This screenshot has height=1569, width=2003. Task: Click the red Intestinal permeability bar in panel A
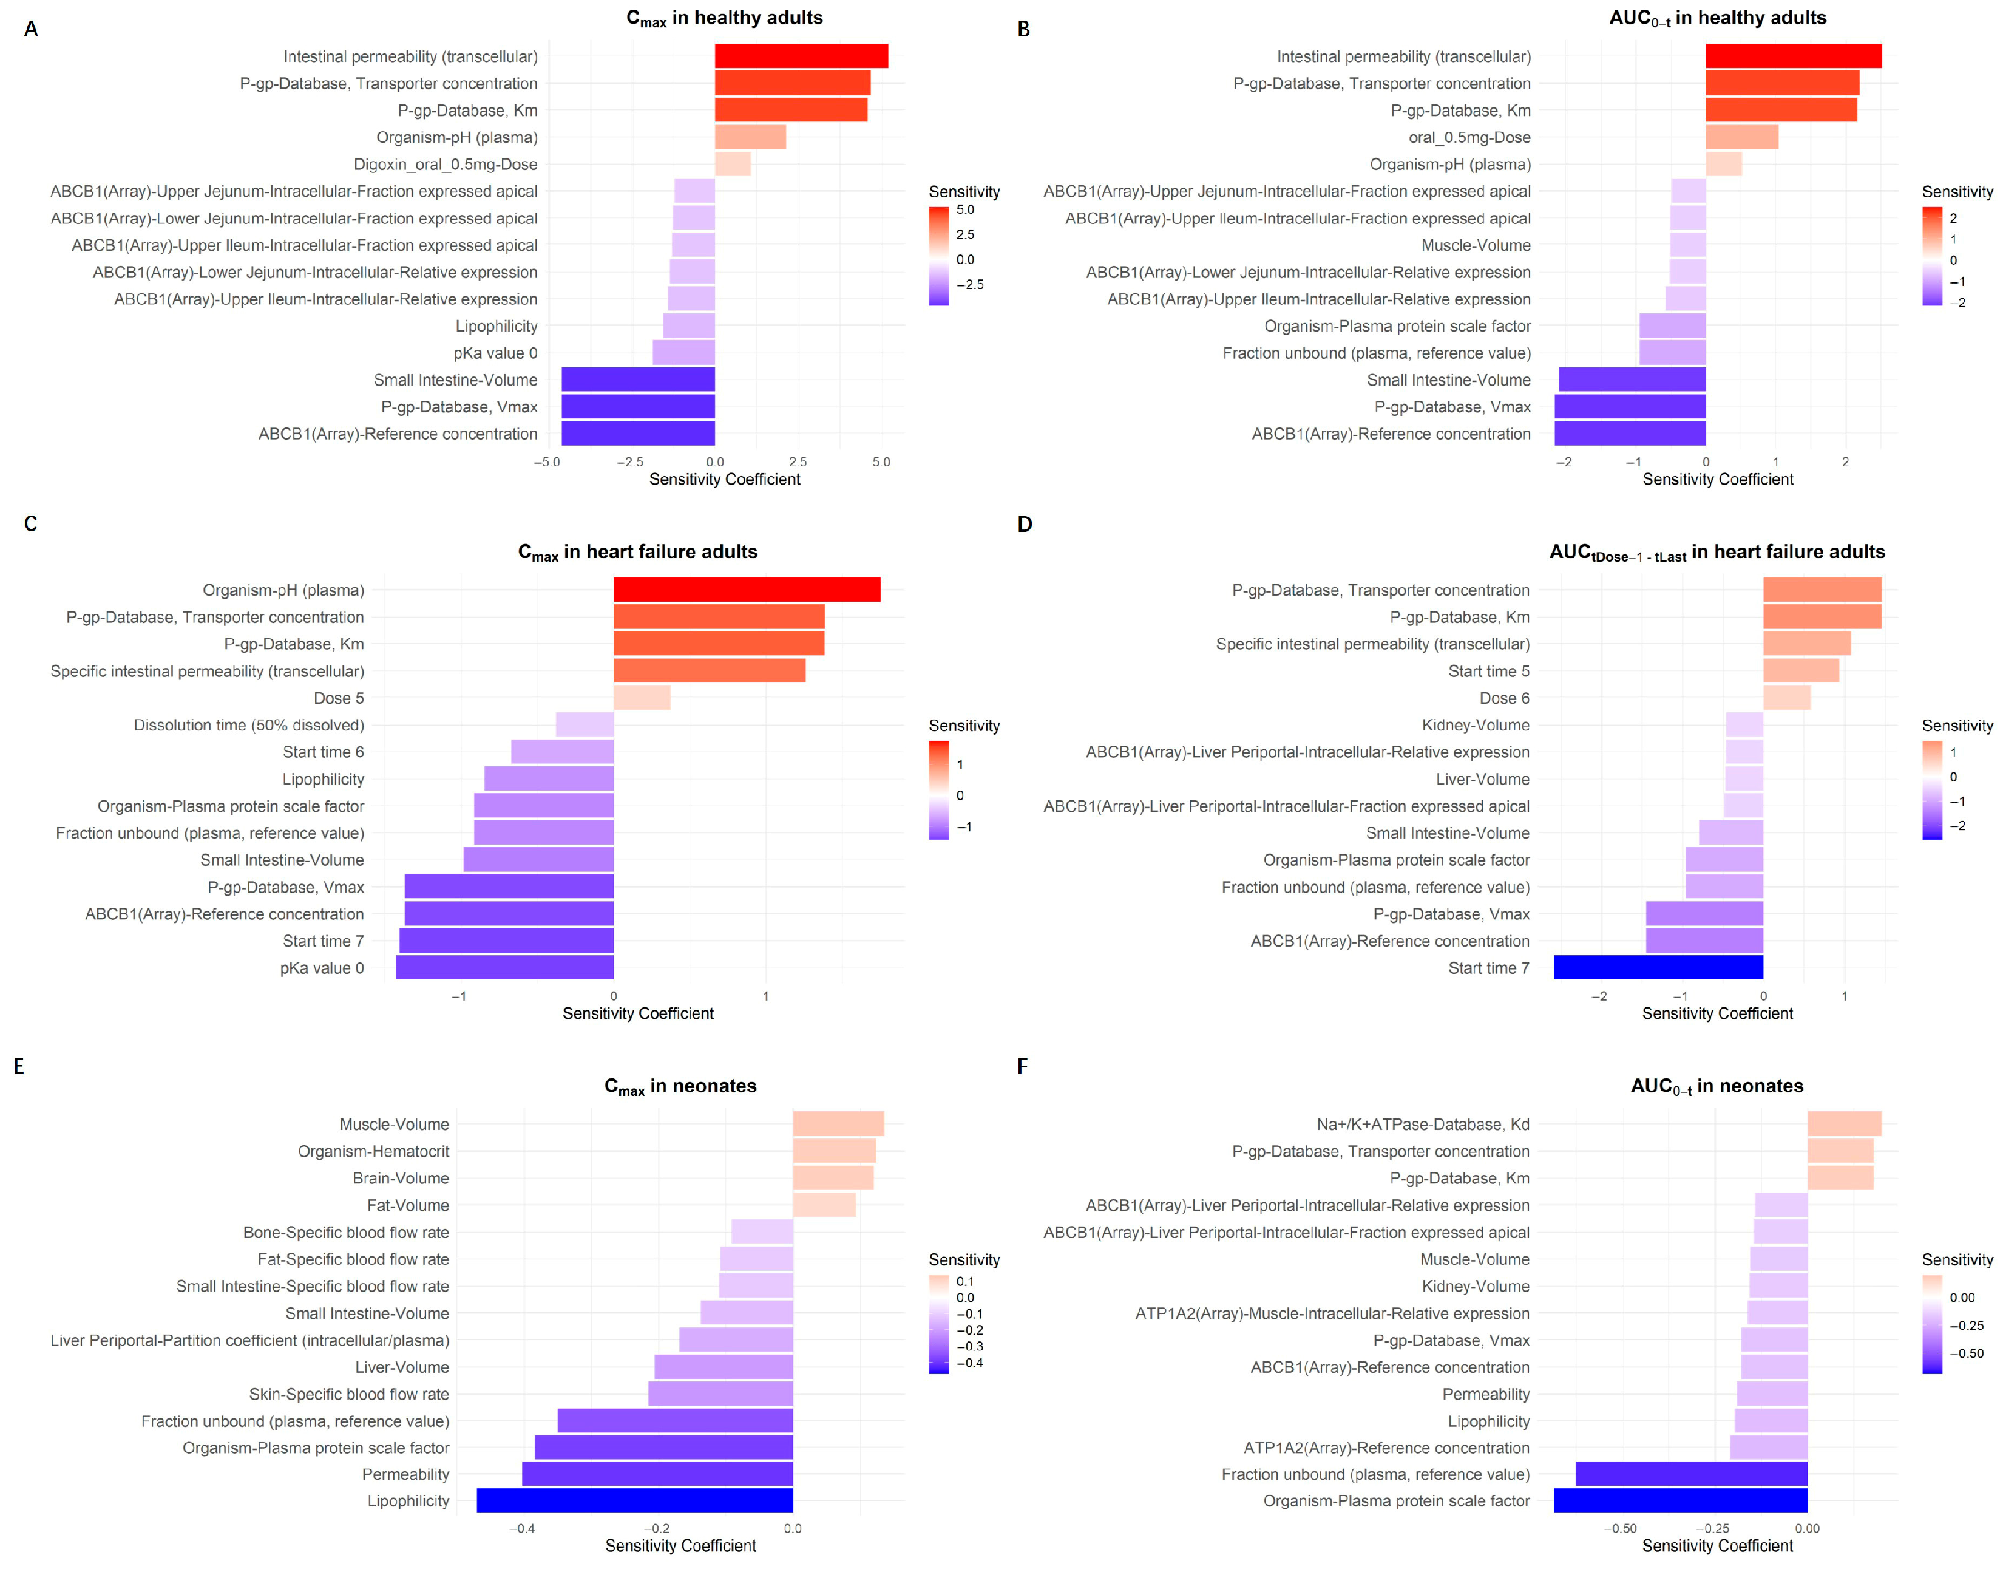tap(801, 56)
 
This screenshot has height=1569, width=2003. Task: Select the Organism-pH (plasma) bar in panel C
tap(747, 590)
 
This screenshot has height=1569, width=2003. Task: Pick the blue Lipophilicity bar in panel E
tap(635, 1500)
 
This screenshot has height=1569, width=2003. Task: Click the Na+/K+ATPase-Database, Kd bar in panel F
tap(1844, 1123)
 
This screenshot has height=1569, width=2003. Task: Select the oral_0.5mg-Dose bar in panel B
tap(1742, 137)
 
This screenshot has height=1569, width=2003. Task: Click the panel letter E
tap(19, 1066)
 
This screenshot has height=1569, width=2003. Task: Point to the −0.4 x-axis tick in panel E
tap(521, 1528)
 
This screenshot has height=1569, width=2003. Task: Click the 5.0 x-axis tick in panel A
tap(881, 462)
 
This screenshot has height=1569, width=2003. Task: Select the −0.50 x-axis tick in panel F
tap(1620, 1528)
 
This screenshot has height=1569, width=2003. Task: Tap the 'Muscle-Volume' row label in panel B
tap(1476, 245)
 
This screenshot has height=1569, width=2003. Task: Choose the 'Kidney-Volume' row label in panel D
tap(1476, 725)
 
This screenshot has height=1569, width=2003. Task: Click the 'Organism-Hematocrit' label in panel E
tap(374, 1151)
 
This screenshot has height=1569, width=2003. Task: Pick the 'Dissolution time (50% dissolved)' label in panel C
tap(249, 725)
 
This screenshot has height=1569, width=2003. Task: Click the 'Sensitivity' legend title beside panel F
tap(1957, 1259)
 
